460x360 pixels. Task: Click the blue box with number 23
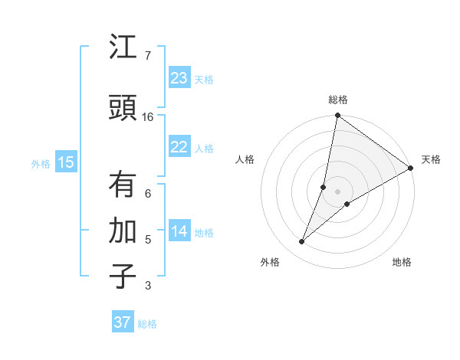[x=179, y=78]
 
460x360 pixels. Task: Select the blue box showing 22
[x=179, y=147]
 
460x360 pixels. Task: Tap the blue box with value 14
[x=179, y=231]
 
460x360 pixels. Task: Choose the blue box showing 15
[x=66, y=162]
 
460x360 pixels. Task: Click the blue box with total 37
[x=123, y=322]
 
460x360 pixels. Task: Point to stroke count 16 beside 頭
[x=148, y=117]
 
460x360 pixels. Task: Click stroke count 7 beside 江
[x=147, y=56]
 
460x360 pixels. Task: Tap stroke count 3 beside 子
[x=147, y=286]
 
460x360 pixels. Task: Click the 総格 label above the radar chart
[x=338, y=100]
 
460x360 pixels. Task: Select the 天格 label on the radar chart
[x=431, y=159]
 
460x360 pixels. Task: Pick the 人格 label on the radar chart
[x=245, y=159]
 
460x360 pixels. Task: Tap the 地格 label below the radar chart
[x=402, y=262]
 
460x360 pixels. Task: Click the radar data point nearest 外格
[x=302, y=242]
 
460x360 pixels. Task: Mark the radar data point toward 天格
[x=411, y=169]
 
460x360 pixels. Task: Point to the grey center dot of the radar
[x=338, y=191]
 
